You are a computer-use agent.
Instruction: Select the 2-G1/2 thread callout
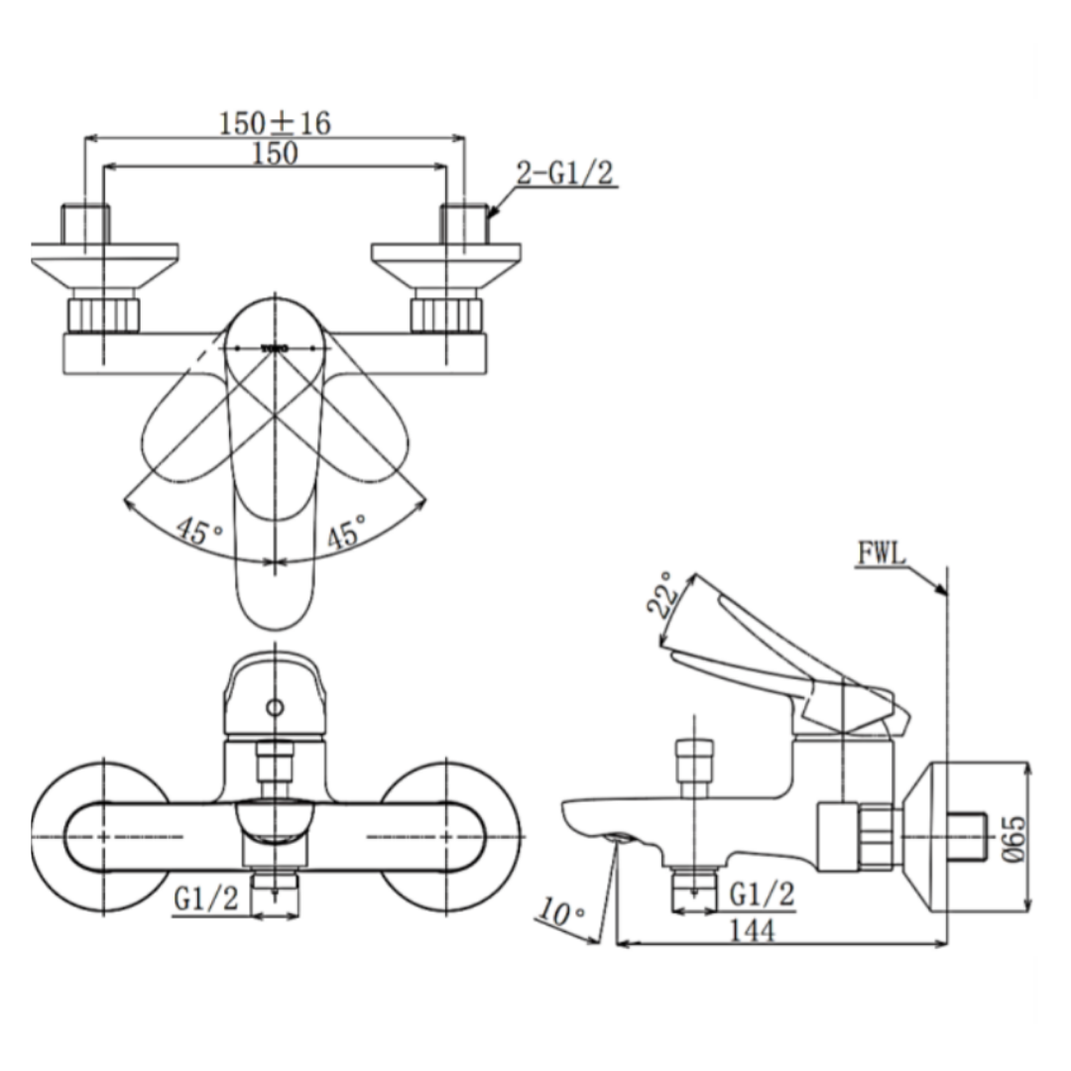pyautogui.click(x=564, y=174)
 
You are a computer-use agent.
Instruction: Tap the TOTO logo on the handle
pyautogui.click(x=275, y=349)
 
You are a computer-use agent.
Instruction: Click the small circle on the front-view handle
pyautogui.click(x=275, y=707)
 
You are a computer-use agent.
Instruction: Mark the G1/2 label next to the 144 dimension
pyautogui.click(x=762, y=894)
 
